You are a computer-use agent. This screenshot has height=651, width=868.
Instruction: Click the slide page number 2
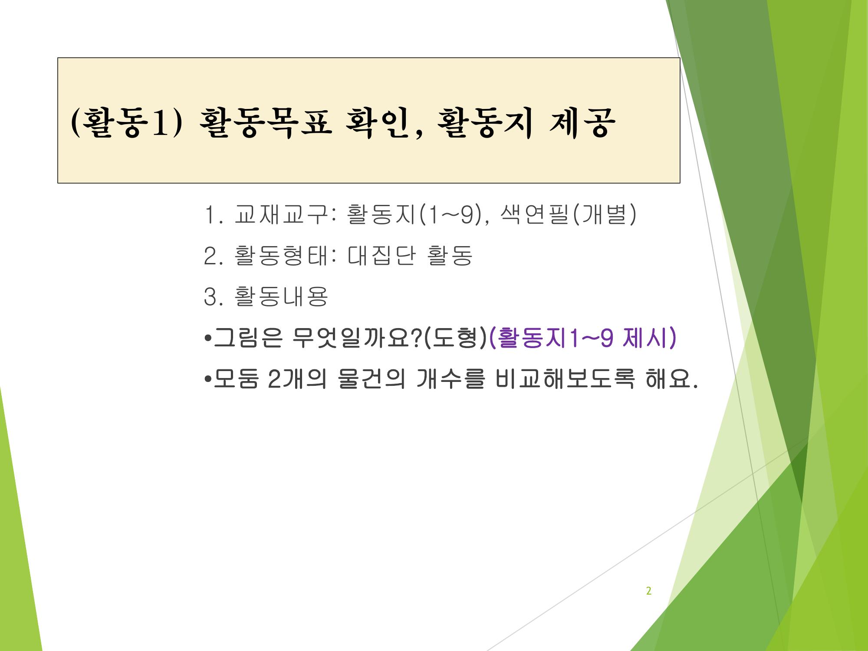[x=649, y=591]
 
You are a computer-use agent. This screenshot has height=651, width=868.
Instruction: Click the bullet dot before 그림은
[x=207, y=339]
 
